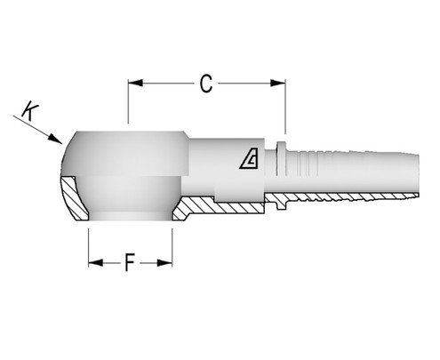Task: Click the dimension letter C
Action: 206,84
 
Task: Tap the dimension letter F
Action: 130,264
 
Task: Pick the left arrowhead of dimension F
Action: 92,263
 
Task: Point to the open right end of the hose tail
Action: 414,174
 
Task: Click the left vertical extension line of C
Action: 129,102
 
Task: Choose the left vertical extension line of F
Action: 88,244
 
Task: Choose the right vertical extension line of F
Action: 172,244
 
